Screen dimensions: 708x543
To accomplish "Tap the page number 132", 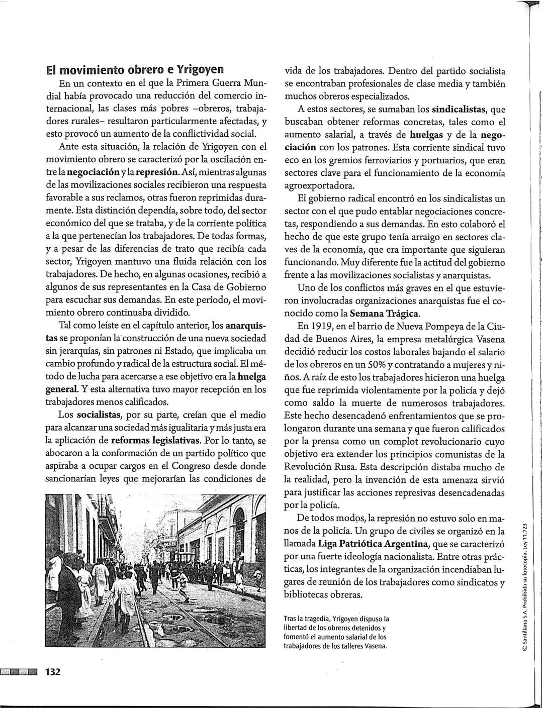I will point(53,672).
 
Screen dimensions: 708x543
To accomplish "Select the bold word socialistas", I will point(100,415).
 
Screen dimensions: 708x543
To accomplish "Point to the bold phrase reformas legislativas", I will point(156,441).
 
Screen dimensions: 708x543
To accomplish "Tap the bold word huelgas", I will point(426,135).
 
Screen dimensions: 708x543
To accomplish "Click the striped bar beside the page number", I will point(20,672).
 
